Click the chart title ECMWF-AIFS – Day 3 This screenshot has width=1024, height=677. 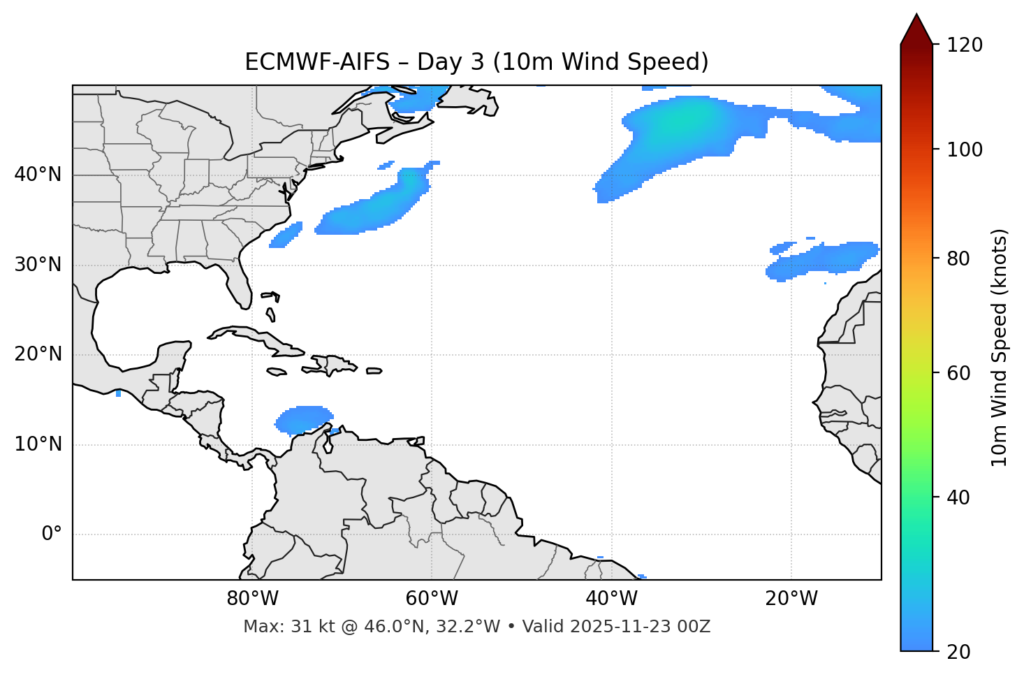476,62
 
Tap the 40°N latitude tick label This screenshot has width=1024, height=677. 38,175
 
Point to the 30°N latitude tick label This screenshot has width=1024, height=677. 38,265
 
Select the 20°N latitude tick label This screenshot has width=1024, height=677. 38,354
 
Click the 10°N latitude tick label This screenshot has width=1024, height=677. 38,444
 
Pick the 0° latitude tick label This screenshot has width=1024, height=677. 52,534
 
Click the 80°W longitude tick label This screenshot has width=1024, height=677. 252,599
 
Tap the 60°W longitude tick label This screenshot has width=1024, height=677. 432,599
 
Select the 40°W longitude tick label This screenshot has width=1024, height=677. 611,599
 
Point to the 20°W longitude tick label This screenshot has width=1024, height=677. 791,599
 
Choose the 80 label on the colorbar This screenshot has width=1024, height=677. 963,259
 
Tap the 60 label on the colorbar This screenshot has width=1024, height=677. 963,373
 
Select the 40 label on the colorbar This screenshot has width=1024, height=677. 963,497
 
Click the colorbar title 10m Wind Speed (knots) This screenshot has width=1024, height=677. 1000,347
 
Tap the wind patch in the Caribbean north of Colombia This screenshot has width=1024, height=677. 303,420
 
